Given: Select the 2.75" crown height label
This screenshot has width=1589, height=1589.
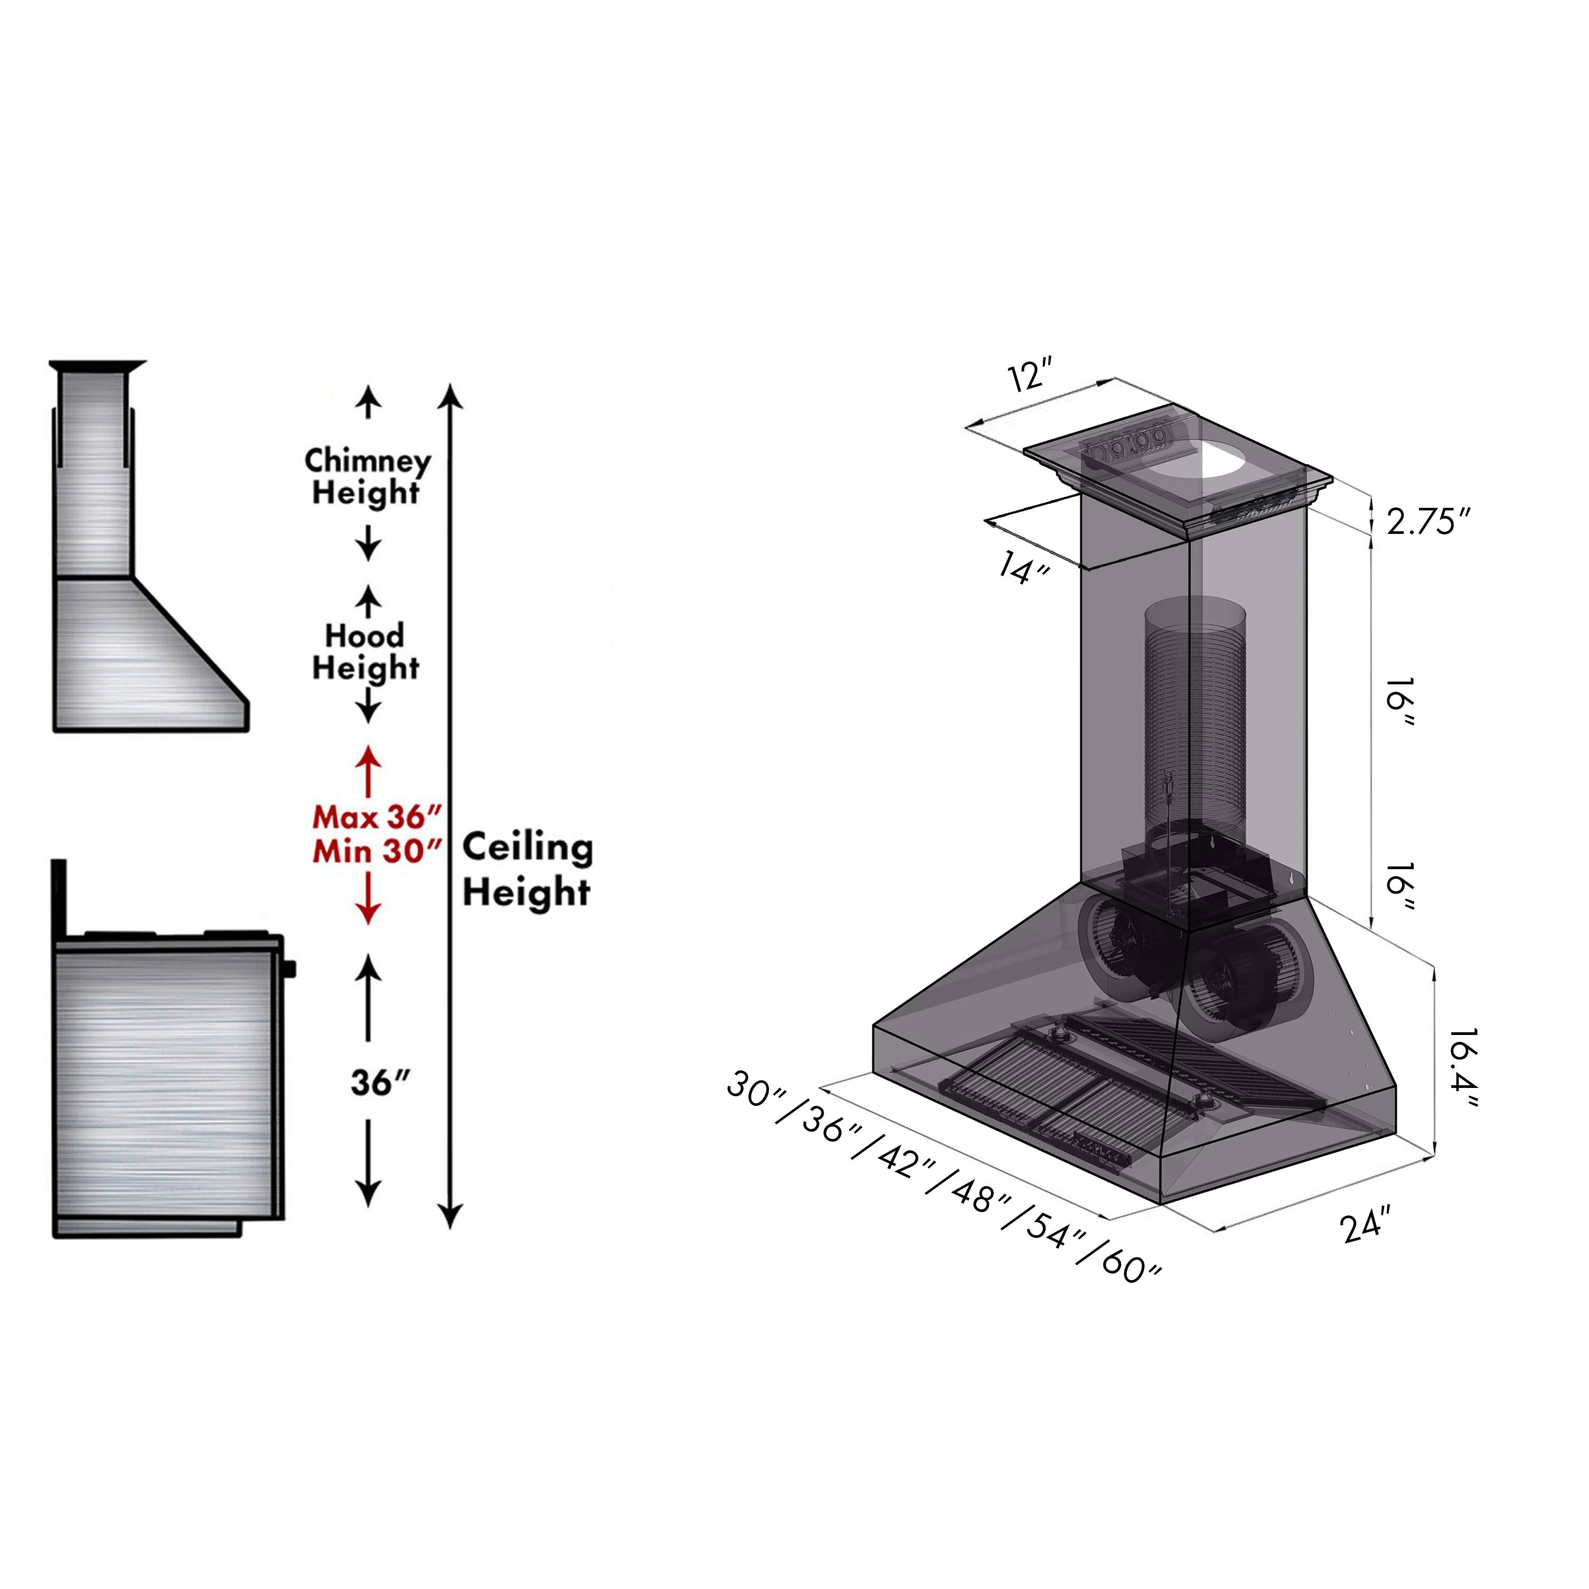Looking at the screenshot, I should [1427, 521].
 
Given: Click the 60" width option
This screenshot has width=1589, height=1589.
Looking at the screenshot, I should [1131, 1266].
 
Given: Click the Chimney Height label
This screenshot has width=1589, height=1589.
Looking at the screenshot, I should [367, 477].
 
